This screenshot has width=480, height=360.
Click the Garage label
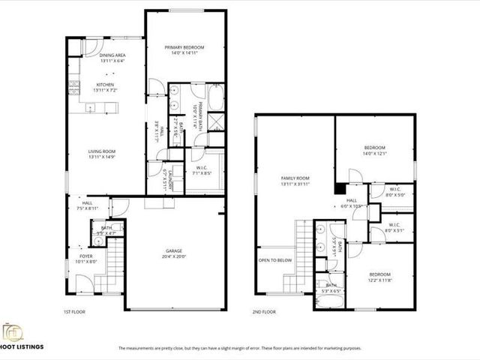(x=174, y=251)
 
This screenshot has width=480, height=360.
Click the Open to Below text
(x=274, y=261)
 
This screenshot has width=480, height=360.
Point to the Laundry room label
(x=170, y=178)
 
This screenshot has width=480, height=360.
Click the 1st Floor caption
(x=74, y=311)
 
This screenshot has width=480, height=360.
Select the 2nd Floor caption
(x=265, y=311)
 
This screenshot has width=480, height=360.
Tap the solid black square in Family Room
(x=341, y=188)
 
